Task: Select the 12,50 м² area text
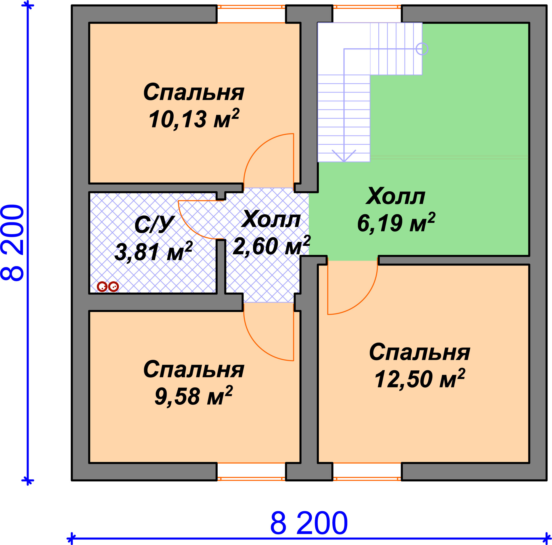click(420, 379)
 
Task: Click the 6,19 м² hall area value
click(396, 223)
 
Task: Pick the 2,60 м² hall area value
click(271, 246)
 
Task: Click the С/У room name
click(154, 225)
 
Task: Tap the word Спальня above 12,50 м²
click(420, 352)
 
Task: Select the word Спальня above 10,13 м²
click(194, 92)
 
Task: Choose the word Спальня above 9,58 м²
click(194, 369)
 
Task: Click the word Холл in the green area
click(396, 196)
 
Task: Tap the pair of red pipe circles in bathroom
click(108, 286)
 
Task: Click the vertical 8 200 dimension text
click(12, 242)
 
